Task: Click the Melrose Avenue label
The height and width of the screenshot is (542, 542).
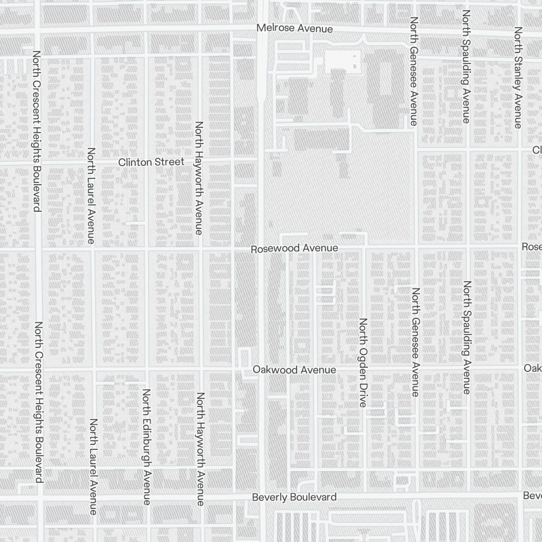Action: click(x=295, y=28)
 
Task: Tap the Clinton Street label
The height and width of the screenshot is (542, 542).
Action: click(x=151, y=162)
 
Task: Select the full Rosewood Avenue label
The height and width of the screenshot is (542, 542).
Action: click(x=294, y=248)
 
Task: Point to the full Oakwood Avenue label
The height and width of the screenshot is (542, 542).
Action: click(x=294, y=370)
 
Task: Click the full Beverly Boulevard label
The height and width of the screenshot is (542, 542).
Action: click(x=294, y=497)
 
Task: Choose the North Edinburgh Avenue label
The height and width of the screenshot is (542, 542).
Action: click(x=146, y=447)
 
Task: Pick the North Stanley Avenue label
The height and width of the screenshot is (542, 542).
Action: click(x=518, y=78)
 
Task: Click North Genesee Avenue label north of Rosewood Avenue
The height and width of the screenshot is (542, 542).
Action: click(x=414, y=72)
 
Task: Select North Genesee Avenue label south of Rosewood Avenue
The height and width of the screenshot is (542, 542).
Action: click(x=416, y=342)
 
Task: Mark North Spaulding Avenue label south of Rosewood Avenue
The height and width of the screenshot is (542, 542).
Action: click(x=467, y=337)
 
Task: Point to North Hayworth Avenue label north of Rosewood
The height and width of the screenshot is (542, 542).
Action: click(x=199, y=178)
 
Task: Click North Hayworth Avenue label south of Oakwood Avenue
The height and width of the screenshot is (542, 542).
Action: click(x=201, y=449)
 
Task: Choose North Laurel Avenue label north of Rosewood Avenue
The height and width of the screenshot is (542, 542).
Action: click(x=91, y=196)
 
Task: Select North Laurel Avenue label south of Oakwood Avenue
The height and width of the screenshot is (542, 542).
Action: click(x=93, y=466)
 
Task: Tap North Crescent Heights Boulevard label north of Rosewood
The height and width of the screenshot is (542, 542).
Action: click(x=37, y=132)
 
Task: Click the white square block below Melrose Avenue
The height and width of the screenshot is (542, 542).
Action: click(x=343, y=63)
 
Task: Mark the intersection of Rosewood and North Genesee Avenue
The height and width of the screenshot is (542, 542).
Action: click(x=416, y=248)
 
